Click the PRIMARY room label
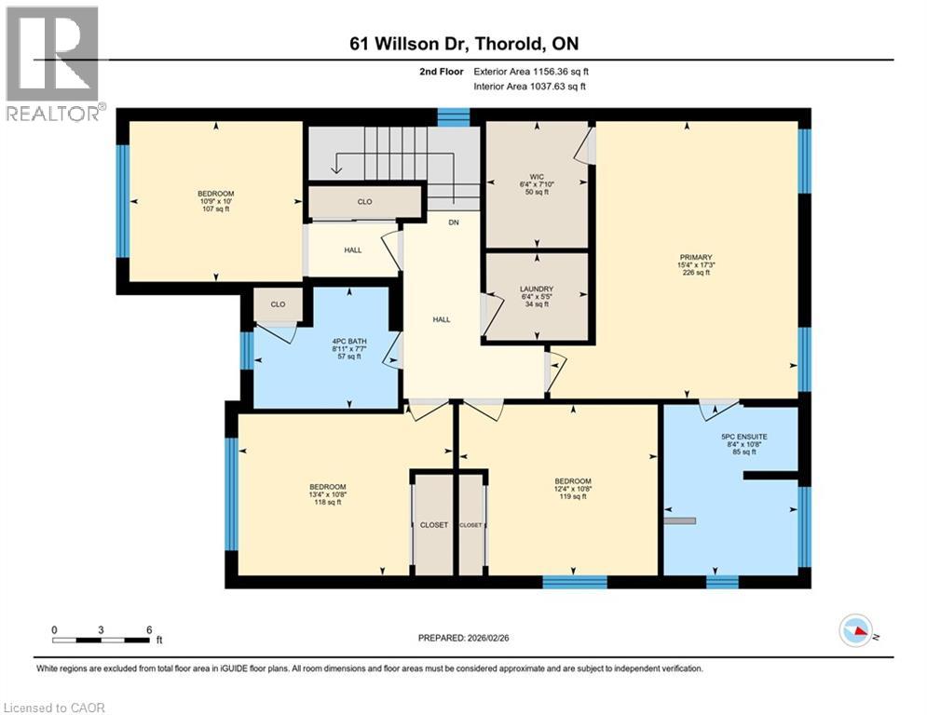[696, 257]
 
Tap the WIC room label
[537, 177]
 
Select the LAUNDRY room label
[537, 289]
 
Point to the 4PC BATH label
[349, 341]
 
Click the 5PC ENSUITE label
[744, 437]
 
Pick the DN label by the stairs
[454, 223]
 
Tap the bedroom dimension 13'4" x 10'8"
[328, 494]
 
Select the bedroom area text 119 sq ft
[573, 496]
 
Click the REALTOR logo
[53, 64]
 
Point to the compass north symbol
[856, 631]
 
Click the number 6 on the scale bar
[149, 630]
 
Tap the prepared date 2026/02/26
[488, 638]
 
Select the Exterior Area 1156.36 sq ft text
[531, 72]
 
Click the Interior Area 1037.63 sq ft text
[530, 87]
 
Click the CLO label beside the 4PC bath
[278, 304]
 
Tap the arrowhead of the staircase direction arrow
[335, 170]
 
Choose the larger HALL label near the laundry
[442, 319]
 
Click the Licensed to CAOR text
[54, 708]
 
